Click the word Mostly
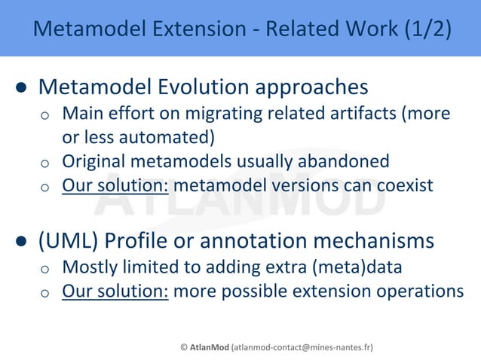click(87, 267)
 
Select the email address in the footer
click(302, 347)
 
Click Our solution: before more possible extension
click(115, 291)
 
